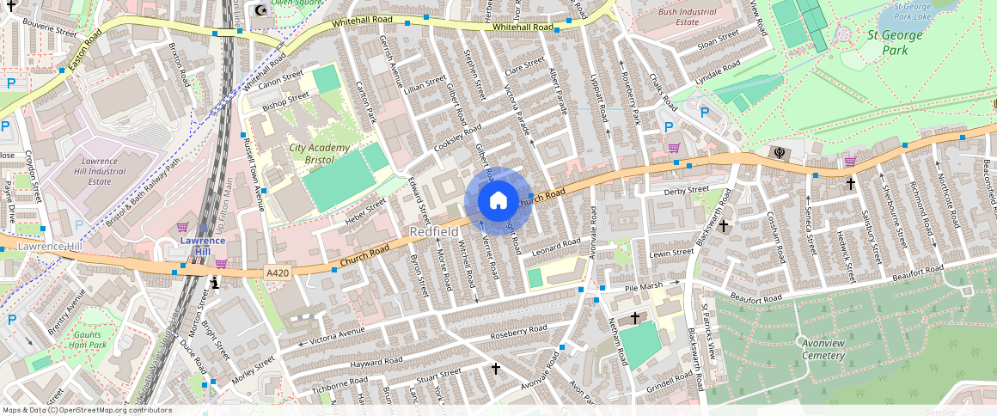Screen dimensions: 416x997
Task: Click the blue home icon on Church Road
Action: tap(498, 200)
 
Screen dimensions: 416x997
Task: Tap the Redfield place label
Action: tap(433, 232)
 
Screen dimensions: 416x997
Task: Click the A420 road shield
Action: tap(277, 273)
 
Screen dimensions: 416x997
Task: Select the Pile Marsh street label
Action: tap(644, 285)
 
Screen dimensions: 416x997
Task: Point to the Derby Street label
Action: tap(686, 190)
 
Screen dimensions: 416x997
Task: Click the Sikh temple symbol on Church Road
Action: tap(780, 153)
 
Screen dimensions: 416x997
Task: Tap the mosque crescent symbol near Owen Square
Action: tap(261, 10)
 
